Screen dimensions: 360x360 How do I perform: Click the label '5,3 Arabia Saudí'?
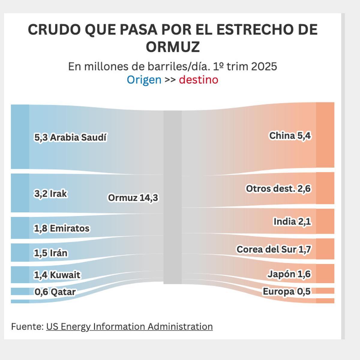70,137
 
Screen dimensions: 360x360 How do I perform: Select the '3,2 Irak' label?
50,193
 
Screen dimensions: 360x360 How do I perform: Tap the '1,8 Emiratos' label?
61,228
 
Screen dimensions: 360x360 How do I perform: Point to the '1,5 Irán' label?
50,253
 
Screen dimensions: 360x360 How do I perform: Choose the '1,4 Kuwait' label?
57,275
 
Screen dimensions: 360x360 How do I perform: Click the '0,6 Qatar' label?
55,292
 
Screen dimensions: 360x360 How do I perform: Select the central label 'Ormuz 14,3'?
133,198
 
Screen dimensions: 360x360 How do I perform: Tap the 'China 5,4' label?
290,136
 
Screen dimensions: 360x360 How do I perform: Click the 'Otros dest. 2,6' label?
278,189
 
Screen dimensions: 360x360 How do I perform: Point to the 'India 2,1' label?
292,221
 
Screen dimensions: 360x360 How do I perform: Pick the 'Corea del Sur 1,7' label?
274,249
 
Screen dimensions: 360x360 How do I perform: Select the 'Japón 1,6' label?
289,274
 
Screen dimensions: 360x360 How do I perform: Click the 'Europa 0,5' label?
286,291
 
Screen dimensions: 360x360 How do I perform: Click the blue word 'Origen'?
144,80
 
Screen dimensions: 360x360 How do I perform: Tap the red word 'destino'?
199,80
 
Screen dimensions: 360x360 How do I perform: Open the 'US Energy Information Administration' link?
129,326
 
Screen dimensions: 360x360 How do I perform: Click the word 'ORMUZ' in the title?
173,46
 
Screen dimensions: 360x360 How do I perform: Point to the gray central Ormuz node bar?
172,197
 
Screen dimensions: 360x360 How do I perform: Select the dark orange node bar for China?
325,135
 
